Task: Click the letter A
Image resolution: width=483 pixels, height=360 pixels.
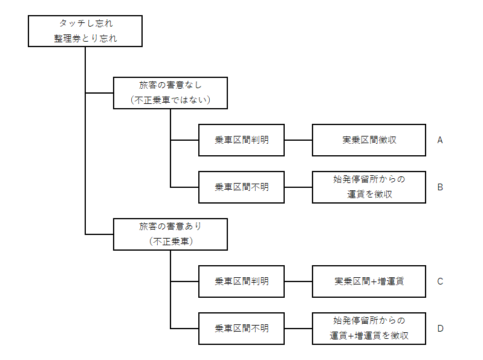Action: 440,140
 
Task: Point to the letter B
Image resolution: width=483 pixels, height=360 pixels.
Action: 440,187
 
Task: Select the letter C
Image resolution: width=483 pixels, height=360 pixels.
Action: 440,281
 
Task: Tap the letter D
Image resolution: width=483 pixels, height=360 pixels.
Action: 441,329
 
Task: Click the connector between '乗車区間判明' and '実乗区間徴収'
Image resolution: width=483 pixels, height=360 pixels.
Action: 298,140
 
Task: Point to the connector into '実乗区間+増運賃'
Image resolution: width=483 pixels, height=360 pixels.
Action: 298,281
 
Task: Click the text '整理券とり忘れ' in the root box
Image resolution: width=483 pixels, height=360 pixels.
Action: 85,39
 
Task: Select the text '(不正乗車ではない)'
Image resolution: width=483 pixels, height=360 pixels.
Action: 170,100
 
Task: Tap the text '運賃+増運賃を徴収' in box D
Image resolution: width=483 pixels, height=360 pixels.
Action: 369,335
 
